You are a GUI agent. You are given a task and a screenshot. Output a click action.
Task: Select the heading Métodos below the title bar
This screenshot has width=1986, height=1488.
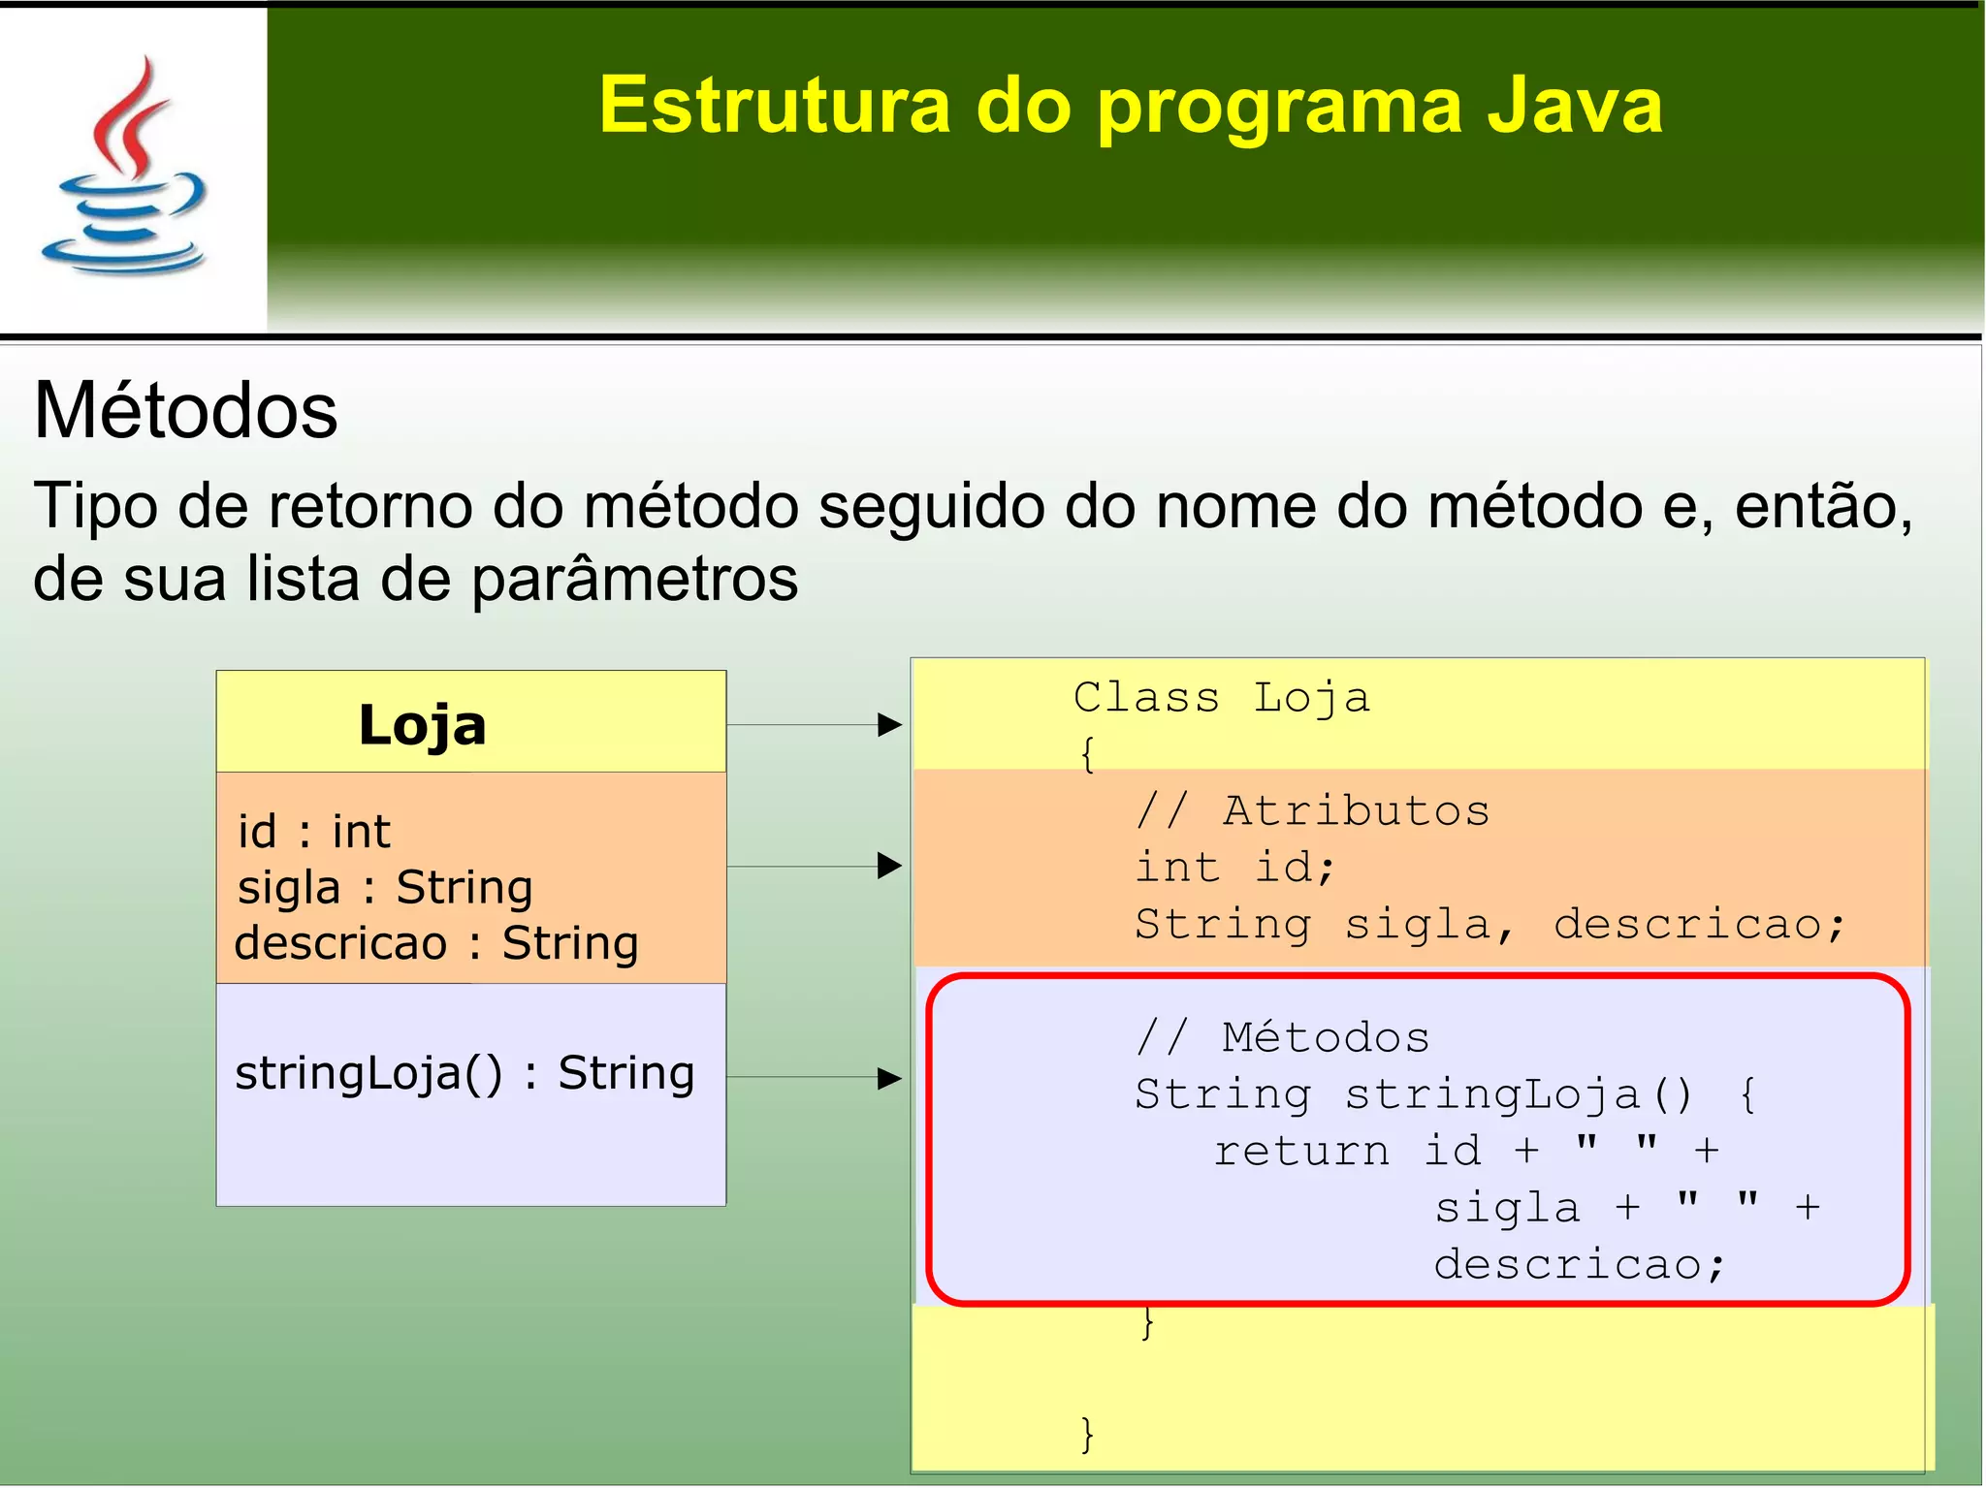pyautogui.click(x=185, y=411)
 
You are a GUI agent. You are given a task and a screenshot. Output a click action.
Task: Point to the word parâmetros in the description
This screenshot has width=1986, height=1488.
pyautogui.click(x=634, y=579)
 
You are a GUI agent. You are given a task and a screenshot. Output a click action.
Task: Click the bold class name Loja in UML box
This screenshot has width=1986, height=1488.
pyautogui.click(x=422, y=726)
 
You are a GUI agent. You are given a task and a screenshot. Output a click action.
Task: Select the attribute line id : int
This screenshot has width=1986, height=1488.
pyautogui.click(x=313, y=832)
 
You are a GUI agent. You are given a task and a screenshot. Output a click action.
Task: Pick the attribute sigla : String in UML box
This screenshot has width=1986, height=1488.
pyautogui.click(x=385, y=887)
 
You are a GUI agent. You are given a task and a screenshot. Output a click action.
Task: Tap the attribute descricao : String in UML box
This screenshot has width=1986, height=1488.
pyautogui.click(x=436, y=943)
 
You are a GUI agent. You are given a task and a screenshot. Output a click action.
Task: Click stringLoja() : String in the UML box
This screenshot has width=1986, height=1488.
pyautogui.click(x=464, y=1073)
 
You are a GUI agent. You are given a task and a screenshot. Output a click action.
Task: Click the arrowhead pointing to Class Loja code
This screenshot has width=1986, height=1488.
pyautogui.click(x=888, y=724)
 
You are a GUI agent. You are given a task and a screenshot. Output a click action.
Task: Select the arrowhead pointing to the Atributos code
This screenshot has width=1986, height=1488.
pyautogui.click(x=888, y=866)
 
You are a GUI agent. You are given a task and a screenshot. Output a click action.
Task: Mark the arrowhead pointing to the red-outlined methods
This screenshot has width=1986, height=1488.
pyautogui.click(x=888, y=1077)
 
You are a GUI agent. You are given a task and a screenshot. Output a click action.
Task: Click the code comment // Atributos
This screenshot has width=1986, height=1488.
pyautogui.click(x=1312, y=810)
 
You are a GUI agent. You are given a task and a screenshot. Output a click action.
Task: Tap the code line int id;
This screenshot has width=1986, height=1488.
pyautogui.click(x=1234, y=867)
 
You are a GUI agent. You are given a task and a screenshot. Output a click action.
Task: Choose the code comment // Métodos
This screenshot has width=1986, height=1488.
pyautogui.click(x=1282, y=1037)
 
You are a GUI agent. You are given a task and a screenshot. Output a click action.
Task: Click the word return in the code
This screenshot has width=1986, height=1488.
pyautogui.click(x=1301, y=1151)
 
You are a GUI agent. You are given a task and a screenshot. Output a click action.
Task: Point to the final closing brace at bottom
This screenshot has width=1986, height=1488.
pyautogui.click(x=1087, y=1434)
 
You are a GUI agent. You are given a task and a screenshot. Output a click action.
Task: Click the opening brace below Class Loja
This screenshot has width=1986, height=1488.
pyautogui.click(x=1087, y=753)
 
